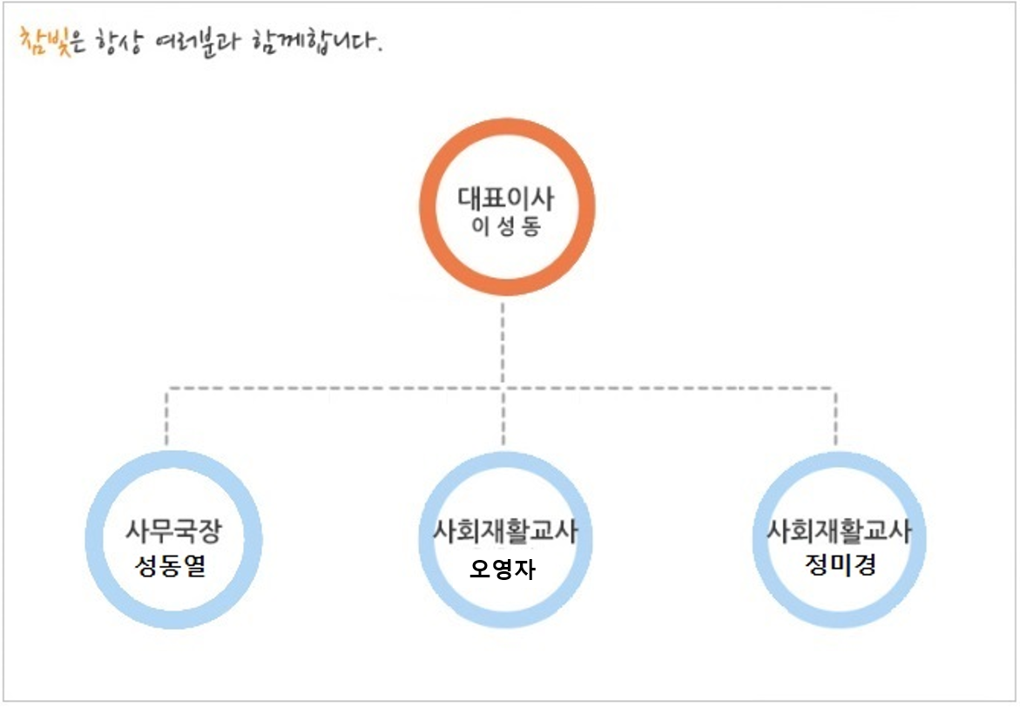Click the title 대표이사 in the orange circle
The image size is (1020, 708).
pos(506,197)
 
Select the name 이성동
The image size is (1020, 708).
pos(506,227)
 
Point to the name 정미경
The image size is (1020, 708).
pos(839,564)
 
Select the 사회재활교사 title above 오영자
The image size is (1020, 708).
pos(505,531)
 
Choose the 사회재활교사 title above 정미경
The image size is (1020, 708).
pos(839,529)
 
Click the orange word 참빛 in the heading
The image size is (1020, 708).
pos(38,40)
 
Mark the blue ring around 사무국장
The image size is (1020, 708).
pos(95,540)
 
